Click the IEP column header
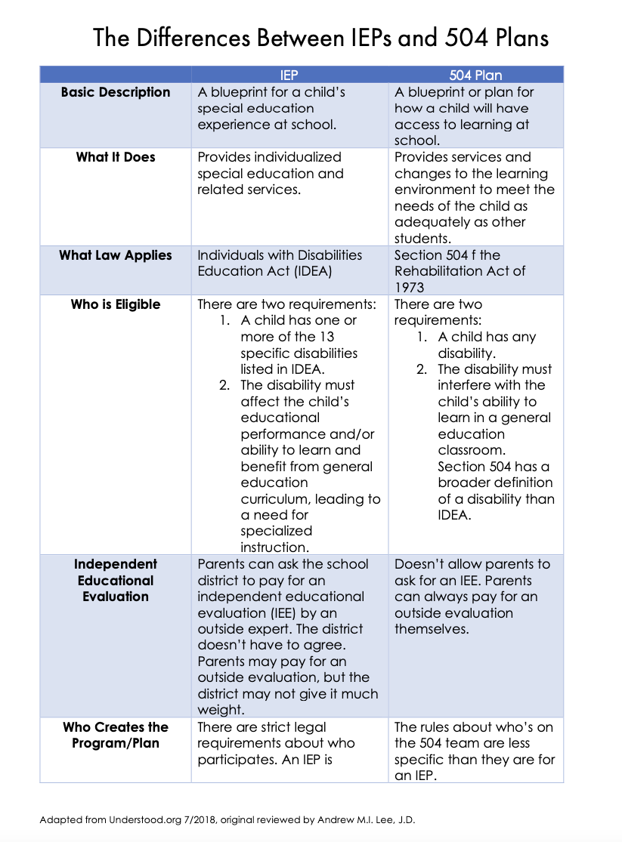pos(289,75)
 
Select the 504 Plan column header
pos(475,75)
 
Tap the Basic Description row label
pos(116,92)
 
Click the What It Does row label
pos(116,157)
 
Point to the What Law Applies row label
pos(116,255)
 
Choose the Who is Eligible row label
pos(116,304)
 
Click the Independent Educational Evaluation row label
pos(116,580)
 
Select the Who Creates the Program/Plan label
pos(116,735)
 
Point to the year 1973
pos(410,288)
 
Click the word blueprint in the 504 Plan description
pos(439,92)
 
